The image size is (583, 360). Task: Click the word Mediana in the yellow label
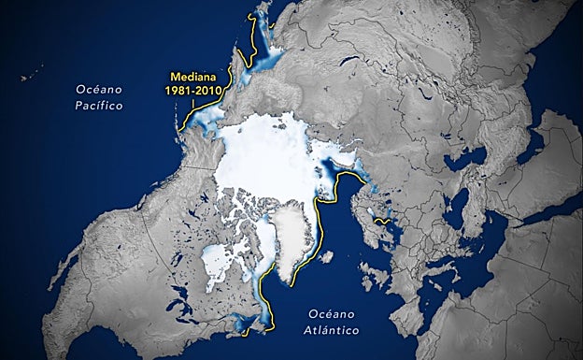(x=194, y=78)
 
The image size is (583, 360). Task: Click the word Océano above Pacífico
(x=99, y=89)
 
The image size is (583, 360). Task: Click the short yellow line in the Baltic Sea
(x=380, y=222)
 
